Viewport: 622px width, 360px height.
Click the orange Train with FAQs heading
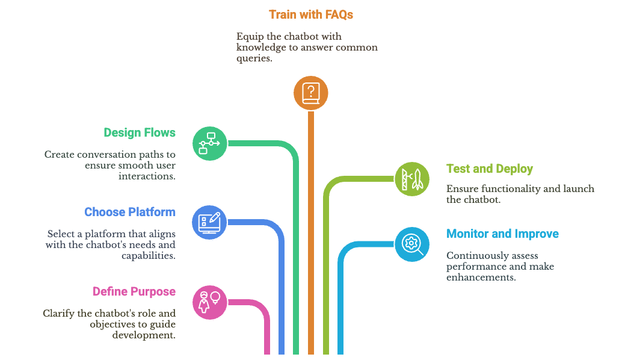coord(310,14)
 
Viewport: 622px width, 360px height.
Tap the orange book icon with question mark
coord(310,93)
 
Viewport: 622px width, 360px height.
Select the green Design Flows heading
coord(140,133)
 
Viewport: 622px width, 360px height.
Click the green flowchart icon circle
coord(210,143)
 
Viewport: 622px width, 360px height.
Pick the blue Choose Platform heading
coord(130,212)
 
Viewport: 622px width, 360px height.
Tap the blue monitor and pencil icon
coord(210,222)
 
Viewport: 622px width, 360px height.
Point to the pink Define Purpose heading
coord(134,291)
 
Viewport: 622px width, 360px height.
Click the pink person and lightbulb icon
coord(210,302)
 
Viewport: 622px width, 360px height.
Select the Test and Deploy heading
coord(490,169)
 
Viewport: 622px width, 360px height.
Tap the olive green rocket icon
coord(412,179)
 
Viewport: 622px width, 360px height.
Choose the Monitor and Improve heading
coord(502,234)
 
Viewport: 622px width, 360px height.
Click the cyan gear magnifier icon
coord(412,244)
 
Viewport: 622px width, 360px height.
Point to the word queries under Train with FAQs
coord(255,58)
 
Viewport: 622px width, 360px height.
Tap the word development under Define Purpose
coord(144,335)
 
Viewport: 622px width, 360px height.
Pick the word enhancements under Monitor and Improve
coord(481,278)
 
